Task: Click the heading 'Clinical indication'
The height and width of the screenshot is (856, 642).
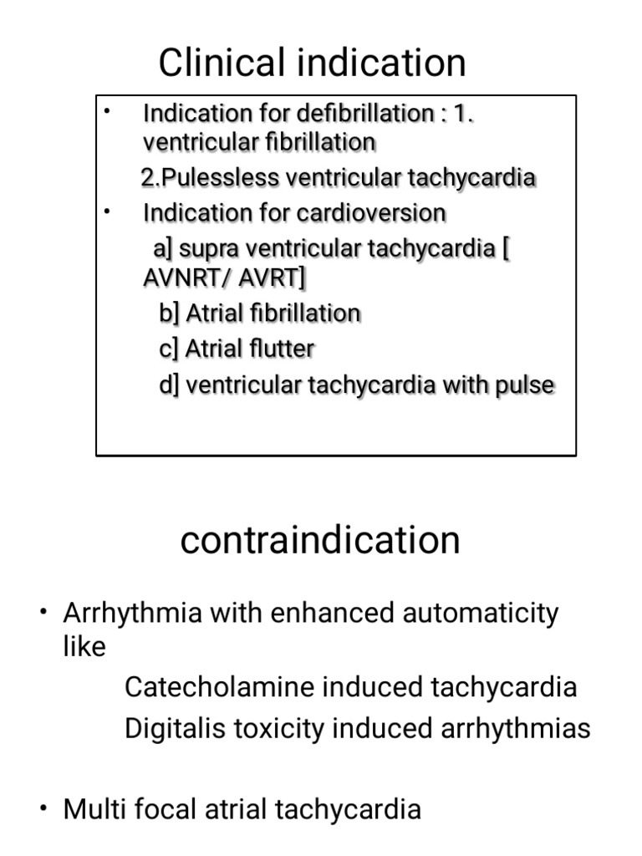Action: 312,63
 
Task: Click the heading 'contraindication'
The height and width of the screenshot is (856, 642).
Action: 320,540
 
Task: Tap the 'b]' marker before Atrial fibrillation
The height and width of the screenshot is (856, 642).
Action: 169,313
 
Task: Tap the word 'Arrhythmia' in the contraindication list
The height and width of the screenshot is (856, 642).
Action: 132,614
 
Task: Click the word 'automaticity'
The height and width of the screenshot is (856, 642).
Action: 481,614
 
